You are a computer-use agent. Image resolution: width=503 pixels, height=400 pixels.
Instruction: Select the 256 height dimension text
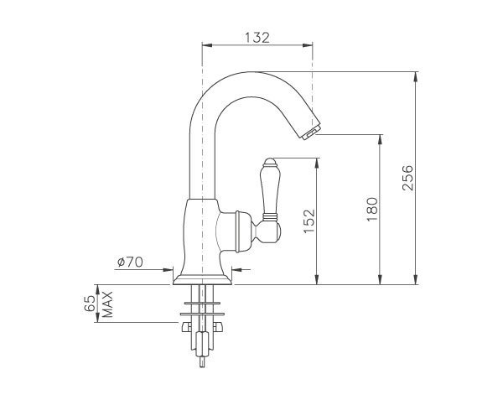point(407,178)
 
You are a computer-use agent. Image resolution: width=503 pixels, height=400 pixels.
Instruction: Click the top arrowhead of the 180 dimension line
point(381,138)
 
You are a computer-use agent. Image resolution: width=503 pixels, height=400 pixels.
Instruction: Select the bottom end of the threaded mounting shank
point(201,364)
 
